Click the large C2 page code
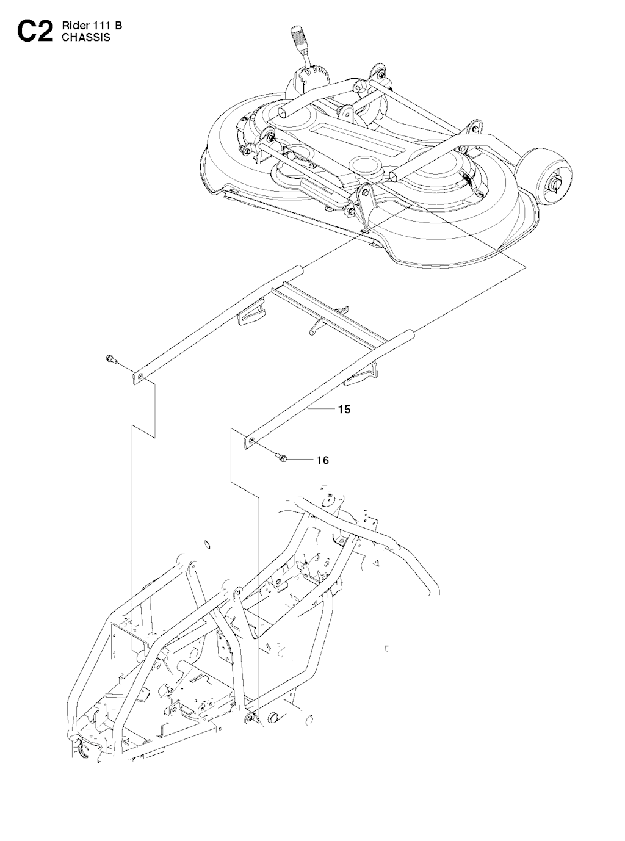pos(35,32)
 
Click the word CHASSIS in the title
pos(86,37)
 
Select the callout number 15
pos(344,409)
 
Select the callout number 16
pos(323,460)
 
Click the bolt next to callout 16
pos(281,457)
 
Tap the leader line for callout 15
pos(321,409)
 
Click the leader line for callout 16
pos(301,460)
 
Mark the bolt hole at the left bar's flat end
pos(142,377)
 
